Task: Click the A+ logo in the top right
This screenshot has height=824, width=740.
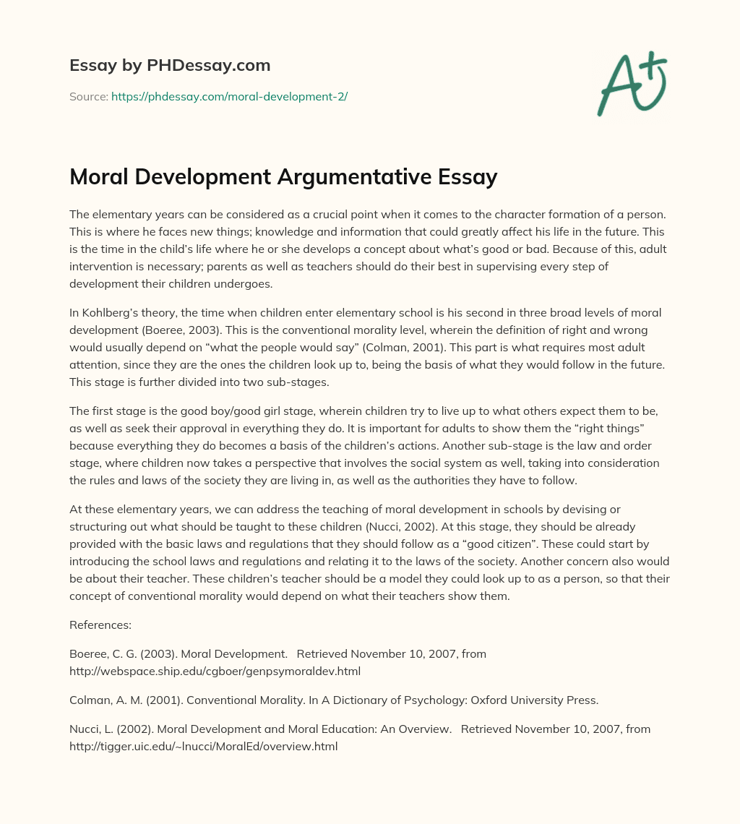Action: tap(631, 83)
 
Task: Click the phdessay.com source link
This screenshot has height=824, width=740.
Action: tap(229, 96)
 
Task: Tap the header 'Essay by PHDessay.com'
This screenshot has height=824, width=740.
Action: tap(170, 66)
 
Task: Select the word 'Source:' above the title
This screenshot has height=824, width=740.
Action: tap(88, 96)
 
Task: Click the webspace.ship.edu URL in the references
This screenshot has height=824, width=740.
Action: tap(215, 671)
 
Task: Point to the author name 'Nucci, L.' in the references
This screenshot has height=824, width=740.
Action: tap(92, 729)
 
